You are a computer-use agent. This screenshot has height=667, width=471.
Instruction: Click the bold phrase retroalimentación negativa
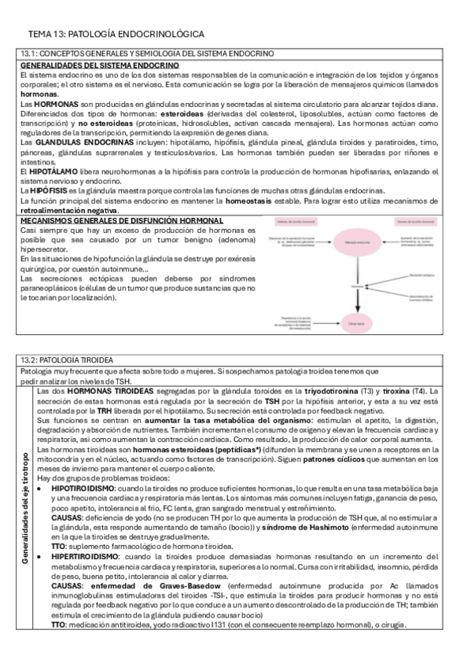point(63,211)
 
